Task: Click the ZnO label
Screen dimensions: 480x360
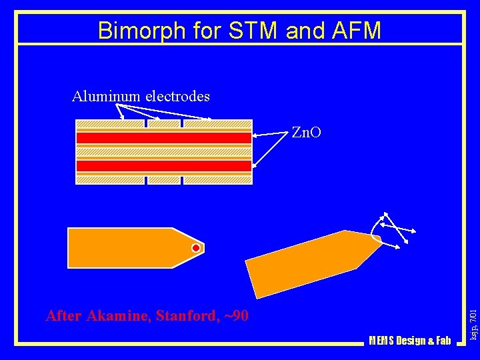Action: point(306,133)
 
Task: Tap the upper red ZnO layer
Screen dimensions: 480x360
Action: point(163,138)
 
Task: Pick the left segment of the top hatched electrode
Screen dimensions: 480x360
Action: point(110,124)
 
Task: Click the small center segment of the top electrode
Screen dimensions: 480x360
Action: point(163,124)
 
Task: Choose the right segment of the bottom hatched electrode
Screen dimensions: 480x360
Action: point(217,179)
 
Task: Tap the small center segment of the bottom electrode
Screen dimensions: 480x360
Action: point(163,179)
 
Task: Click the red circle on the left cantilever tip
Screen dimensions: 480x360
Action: point(196,248)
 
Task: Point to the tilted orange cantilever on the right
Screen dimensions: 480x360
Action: point(307,263)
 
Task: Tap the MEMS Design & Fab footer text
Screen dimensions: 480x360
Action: point(409,341)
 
